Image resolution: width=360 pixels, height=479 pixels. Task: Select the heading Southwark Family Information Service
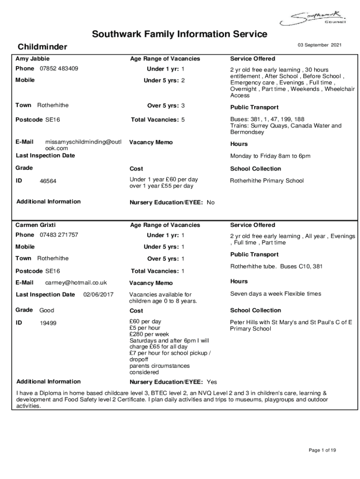click(x=180, y=34)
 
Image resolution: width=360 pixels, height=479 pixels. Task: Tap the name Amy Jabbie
click(x=33, y=59)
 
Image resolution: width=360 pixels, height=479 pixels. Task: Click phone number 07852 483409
click(x=59, y=69)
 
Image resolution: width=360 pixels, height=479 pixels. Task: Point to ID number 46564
click(x=48, y=181)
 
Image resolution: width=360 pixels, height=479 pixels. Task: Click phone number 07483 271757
click(x=59, y=235)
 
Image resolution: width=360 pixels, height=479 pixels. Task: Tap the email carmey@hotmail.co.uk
click(x=76, y=283)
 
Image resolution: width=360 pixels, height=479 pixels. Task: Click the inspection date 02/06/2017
click(x=98, y=295)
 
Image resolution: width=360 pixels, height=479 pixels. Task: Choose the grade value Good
click(x=47, y=310)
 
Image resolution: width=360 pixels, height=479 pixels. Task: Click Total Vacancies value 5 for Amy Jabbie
click(x=183, y=120)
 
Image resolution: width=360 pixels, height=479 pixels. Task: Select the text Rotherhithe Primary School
click(x=266, y=181)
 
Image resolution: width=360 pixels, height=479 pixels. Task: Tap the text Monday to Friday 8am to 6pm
click(x=270, y=156)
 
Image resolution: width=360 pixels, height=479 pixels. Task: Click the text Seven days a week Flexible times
click(x=275, y=294)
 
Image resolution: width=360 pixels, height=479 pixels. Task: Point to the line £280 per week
click(x=149, y=334)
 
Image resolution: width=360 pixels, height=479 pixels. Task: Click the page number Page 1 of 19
click(x=322, y=450)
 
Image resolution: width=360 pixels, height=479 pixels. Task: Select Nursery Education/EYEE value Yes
click(x=212, y=382)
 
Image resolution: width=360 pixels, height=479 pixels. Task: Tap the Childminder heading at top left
click(x=42, y=47)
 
